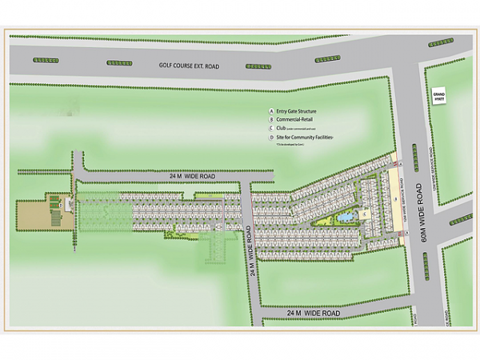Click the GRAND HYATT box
[438, 97]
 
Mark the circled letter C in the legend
[273, 129]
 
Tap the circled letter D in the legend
[273, 138]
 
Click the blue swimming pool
[346, 216]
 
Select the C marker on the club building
[363, 214]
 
